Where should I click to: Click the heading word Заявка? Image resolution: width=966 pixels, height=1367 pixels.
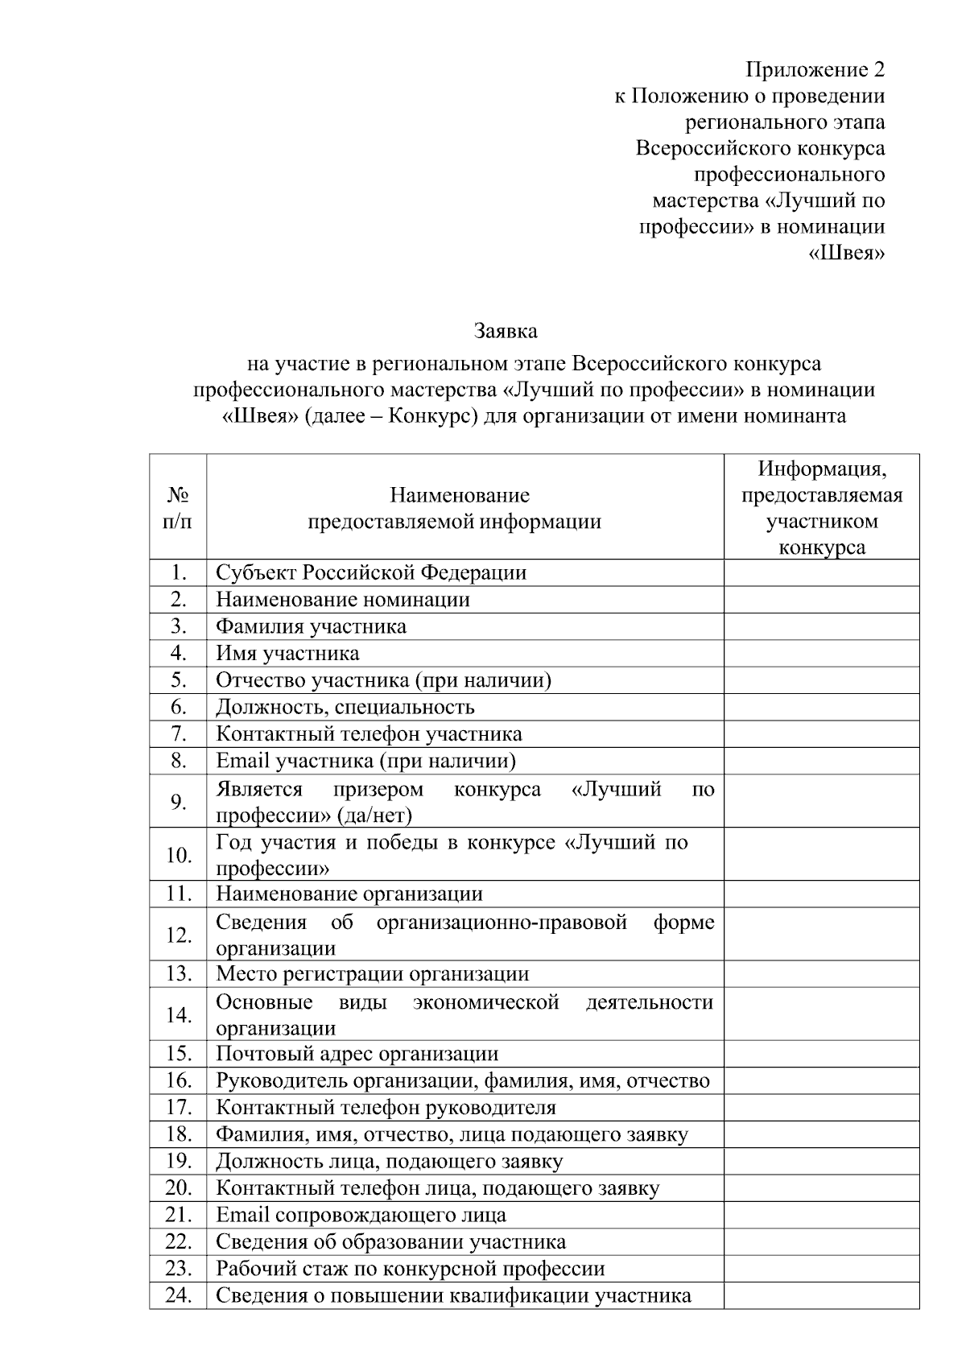point(506,331)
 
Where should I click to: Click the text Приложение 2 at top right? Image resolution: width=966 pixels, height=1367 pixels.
point(815,69)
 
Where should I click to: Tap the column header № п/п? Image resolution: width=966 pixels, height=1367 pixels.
point(178,507)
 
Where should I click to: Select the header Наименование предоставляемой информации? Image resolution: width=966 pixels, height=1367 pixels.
point(454,507)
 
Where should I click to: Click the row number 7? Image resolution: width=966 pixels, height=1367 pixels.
point(178,733)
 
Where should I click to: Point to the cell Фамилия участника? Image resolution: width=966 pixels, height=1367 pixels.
point(311,626)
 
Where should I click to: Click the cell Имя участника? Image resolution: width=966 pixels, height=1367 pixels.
point(287,653)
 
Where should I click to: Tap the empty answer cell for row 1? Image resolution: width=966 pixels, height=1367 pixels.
point(821,572)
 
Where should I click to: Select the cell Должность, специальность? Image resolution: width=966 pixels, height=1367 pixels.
point(345,707)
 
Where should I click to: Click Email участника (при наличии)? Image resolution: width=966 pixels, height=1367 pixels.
point(365,761)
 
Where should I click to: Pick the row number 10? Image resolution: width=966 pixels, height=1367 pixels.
point(178,854)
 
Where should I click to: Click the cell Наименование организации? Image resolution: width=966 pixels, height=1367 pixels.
point(349,894)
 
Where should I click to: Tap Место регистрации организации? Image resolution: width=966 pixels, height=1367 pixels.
point(372,973)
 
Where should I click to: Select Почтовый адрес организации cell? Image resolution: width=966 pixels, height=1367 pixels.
point(357,1053)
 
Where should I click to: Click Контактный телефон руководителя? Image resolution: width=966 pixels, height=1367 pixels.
point(386,1107)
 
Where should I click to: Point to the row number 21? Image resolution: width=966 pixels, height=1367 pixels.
point(178,1214)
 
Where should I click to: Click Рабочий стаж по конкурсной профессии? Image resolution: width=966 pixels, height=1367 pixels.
point(410,1268)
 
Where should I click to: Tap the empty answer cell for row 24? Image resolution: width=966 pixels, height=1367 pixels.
point(821,1295)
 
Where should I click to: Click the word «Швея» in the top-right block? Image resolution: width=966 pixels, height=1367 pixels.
point(846,253)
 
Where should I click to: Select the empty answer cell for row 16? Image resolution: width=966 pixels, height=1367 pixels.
point(821,1080)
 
